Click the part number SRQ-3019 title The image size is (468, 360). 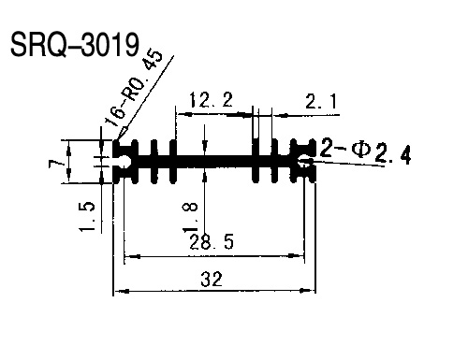point(75,45)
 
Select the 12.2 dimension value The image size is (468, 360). point(212,100)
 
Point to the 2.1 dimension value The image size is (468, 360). point(321,101)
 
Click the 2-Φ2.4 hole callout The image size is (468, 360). point(365,151)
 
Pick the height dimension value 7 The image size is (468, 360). point(54,163)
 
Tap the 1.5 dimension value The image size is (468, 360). point(87,216)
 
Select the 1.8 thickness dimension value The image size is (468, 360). point(190,218)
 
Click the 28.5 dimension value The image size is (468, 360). point(212,242)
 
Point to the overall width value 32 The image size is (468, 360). point(212,279)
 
